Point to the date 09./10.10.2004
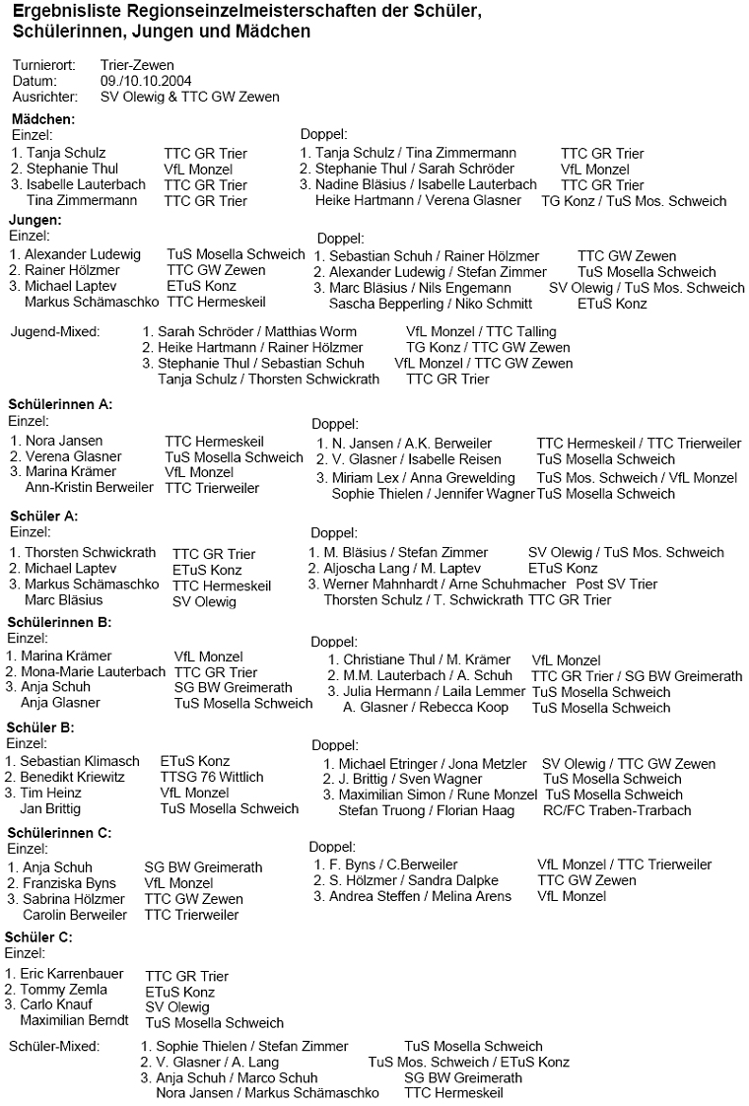[x=146, y=81]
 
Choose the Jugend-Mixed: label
[x=55, y=331]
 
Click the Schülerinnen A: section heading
[x=60, y=404]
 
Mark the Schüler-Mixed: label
[x=53, y=1046]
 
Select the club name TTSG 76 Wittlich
[x=212, y=777]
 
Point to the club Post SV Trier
[x=616, y=584]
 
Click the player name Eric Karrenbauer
[x=76, y=975]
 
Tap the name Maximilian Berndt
[x=75, y=1020]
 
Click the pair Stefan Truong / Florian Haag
[x=426, y=810]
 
